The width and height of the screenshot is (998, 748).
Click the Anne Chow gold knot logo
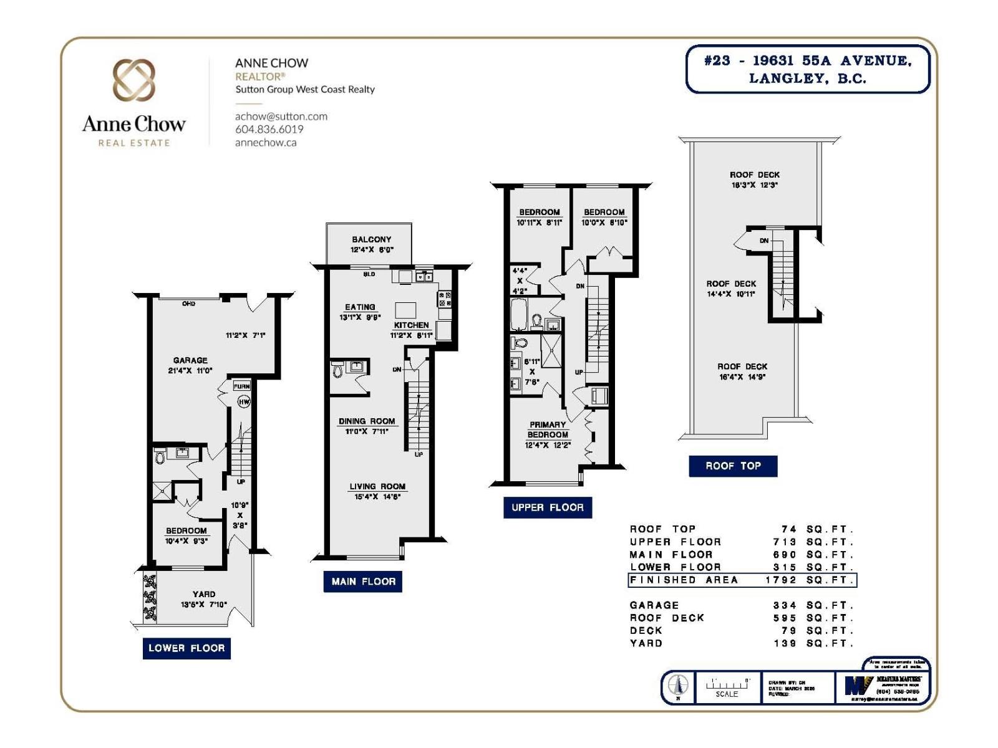point(133,80)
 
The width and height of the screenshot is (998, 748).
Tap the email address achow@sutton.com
point(281,116)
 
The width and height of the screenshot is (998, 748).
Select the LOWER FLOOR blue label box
point(187,648)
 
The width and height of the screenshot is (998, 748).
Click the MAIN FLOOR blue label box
point(363,582)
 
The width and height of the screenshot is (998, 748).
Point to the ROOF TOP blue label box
point(733,466)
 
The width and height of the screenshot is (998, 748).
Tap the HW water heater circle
point(244,401)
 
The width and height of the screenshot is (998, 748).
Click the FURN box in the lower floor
point(241,386)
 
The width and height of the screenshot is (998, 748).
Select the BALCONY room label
point(371,239)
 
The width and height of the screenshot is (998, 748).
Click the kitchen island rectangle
point(405,310)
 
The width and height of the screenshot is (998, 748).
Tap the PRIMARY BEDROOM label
point(548,429)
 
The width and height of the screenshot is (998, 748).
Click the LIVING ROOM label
point(377,486)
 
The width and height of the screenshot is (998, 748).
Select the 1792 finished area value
point(780,580)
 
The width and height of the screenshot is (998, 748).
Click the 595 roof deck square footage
point(785,618)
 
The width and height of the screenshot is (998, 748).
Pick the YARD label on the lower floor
point(204,594)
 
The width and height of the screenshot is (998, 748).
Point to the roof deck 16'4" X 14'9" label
point(742,372)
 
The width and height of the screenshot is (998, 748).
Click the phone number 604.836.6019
point(269,129)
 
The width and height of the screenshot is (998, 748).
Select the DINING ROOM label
point(367,421)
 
